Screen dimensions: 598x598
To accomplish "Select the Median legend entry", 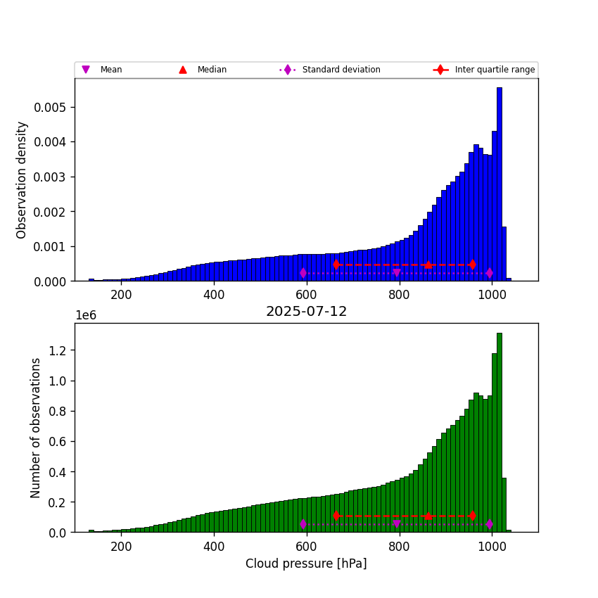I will pyautogui.click(x=204, y=70).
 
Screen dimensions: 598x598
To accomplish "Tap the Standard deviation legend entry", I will pyautogui.click(x=331, y=70).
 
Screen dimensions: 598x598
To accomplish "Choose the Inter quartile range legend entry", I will pyautogui.click(x=485, y=70).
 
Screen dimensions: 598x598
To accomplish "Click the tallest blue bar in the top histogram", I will pyautogui.click(x=499, y=183).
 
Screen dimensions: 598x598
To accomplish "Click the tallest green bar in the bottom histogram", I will pyautogui.click(x=499, y=433).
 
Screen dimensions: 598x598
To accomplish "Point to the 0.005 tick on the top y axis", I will pyautogui.click(x=55, y=107).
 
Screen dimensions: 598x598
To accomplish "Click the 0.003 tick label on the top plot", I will pyautogui.click(x=55, y=177).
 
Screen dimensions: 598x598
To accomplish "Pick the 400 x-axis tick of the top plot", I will pyautogui.click(x=214, y=295).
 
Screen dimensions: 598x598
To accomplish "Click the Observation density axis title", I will pyautogui.click(x=23, y=179).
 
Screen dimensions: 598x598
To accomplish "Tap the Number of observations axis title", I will pyautogui.click(x=36, y=428).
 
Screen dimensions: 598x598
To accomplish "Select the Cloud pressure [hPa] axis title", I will pyautogui.click(x=306, y=564).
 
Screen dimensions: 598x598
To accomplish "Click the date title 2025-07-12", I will pyautogui.click(x=306, y=312).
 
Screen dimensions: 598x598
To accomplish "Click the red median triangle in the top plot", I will pyautogui.click(x=428, y=265).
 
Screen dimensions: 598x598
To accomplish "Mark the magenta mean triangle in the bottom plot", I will pyautogui.click(x=397, y=524).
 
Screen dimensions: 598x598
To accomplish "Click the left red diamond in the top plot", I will pyautogui.click(x=336, y=265).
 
